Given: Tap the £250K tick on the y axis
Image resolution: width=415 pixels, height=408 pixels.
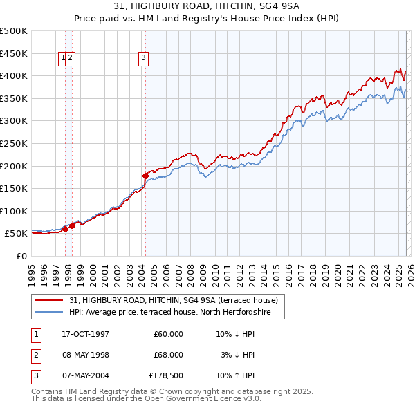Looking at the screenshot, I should [14, 143].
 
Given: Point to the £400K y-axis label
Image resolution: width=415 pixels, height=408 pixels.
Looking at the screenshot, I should [14, 75].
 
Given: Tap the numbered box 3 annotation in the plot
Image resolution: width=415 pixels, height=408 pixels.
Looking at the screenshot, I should [143, 59].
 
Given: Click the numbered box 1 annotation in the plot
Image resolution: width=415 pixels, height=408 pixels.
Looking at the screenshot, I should [63, 59].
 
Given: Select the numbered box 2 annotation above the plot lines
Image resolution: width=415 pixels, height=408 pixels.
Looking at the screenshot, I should [71, 59].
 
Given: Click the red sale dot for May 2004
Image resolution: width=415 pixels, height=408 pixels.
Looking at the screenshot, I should [145, 176].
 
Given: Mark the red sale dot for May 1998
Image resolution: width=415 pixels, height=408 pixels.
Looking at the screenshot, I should [73, 225].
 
